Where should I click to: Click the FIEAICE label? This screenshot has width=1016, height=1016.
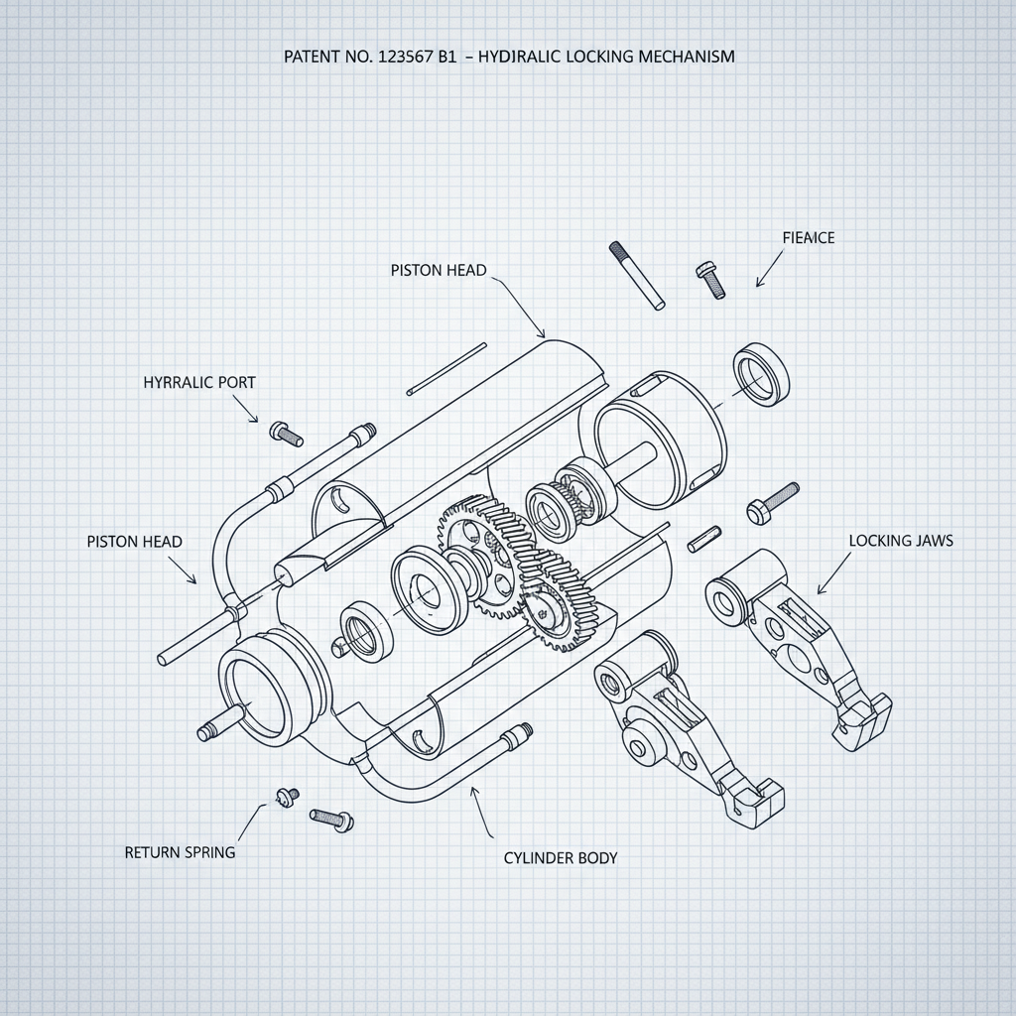[x=808, y=238]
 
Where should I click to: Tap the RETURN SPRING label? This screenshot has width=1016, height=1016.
[x=181, y=851]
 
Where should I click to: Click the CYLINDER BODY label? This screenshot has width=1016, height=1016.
[x=561, y=857]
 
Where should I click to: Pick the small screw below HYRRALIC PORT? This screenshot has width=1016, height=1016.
[x=285, y=433]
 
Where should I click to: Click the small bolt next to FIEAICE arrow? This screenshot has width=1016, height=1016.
[x=710, y=279]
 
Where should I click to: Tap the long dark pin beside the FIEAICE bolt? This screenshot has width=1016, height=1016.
[x=637, y=275]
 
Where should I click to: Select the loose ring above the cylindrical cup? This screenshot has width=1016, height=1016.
[x=761, y=375]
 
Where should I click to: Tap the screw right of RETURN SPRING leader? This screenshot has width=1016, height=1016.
[x=331, y=818]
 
